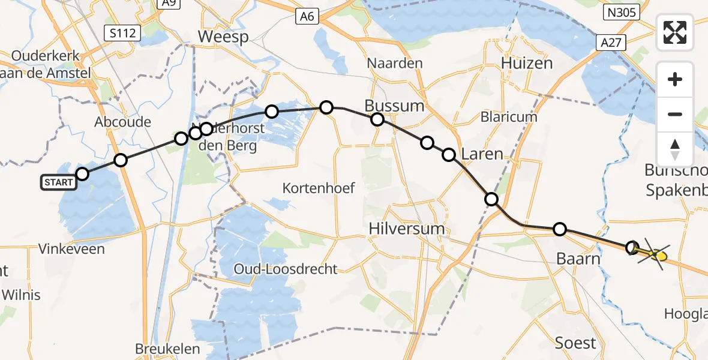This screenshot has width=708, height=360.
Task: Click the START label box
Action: tap(58, 182)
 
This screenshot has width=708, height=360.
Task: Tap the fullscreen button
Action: tap(675, 32)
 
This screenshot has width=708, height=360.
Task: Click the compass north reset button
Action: tap(675, 149)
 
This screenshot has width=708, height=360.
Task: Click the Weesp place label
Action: tap(223, 37)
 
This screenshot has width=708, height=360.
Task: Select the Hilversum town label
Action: tap(407, 228)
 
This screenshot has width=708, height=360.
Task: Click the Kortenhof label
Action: tap(319, 188)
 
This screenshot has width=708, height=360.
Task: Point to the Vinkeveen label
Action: tap(71, 248)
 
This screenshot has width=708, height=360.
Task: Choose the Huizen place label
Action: tap(526, 62)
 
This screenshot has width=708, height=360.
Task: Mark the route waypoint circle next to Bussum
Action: tap(377, 119)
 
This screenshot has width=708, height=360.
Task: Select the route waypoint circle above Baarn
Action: tap(559, 229)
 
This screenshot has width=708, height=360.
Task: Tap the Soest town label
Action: tap(575, 343)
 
